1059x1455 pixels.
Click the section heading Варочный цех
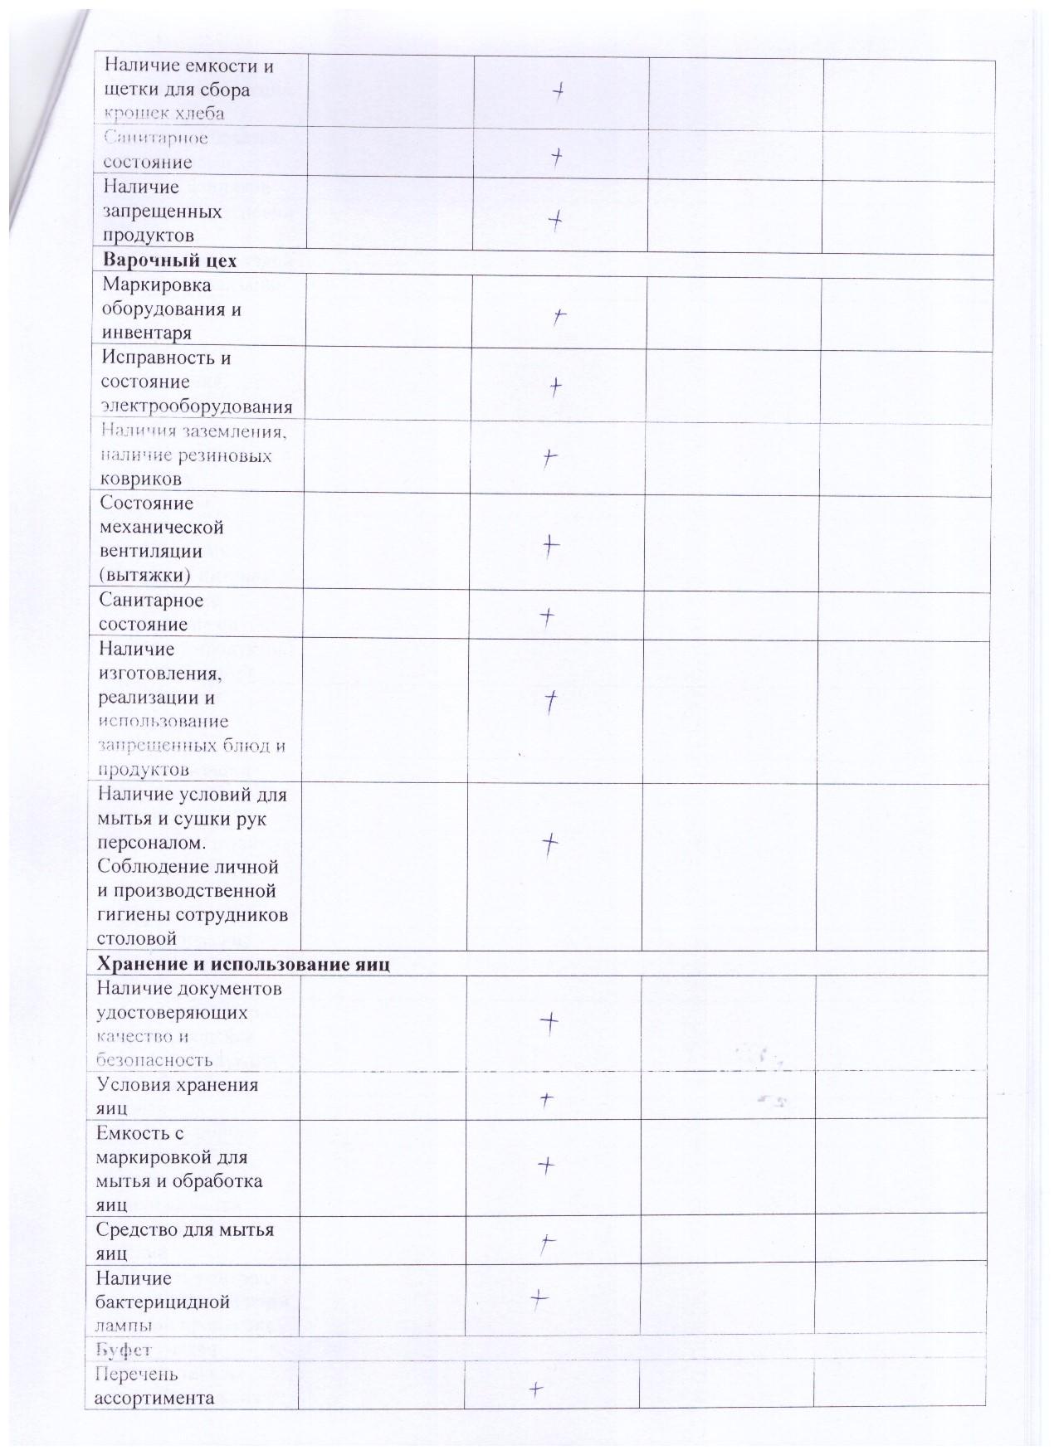coord(169,260)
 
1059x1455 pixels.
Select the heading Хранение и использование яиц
coord(243,964)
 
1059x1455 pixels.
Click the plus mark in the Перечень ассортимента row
coord(537,1389)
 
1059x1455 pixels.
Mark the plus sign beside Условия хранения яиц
coord(547,1100)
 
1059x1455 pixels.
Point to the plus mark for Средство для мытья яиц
coord(547,1243)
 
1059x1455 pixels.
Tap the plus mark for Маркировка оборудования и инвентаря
coord(560,316)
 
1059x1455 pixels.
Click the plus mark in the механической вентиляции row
coord(550,544)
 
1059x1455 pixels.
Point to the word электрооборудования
coord(197,406)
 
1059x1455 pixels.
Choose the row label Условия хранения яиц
coord(178,1096)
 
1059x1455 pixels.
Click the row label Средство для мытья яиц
coord(184,1240)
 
